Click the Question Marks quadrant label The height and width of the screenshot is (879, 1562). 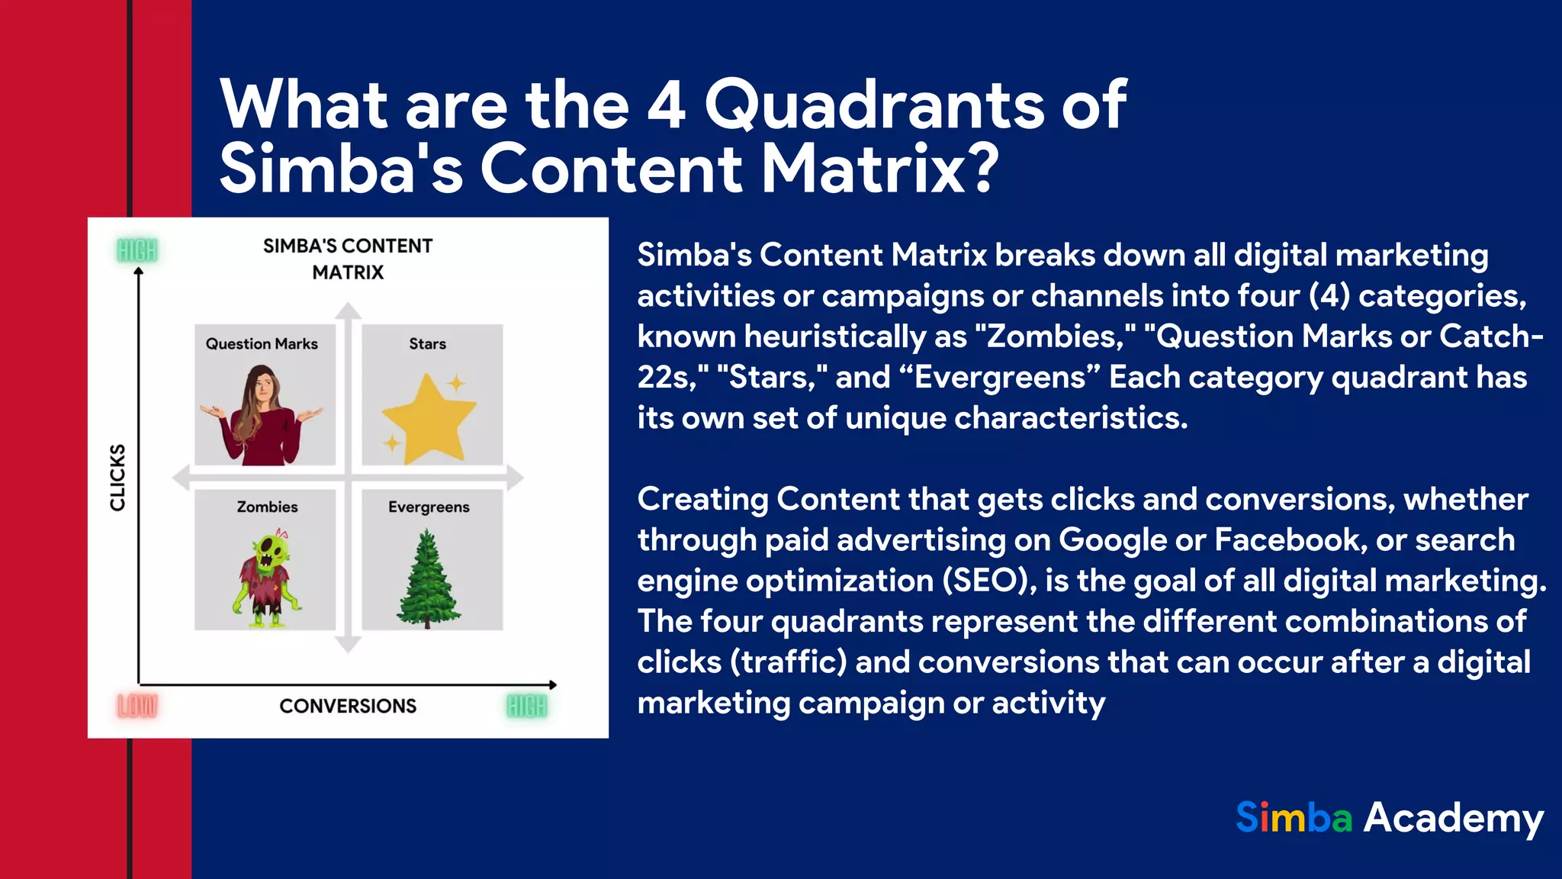point(262,344)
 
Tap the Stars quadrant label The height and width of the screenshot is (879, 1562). point(427,344)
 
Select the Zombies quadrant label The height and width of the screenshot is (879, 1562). point(267,507)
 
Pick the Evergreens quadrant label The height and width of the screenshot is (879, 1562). point(429,507)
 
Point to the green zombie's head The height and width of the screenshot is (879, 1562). point(268,552)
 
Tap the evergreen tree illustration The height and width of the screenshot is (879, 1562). point(427,580)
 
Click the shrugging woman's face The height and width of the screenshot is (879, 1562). point(262,389)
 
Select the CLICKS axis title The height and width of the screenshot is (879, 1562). point(117,478)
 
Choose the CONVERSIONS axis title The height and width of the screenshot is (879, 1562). point(348,706)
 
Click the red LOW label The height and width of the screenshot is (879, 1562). point(137,707)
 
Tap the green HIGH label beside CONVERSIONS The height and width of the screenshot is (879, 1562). point(527,707)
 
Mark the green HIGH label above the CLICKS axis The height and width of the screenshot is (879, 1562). point(137,250)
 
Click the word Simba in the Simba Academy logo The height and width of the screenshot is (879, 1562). point(1294,818)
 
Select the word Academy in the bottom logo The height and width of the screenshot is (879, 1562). point(1453,819)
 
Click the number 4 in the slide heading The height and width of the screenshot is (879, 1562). point(666,105)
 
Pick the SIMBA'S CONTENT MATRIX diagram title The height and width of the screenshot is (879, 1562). point(348,259)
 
